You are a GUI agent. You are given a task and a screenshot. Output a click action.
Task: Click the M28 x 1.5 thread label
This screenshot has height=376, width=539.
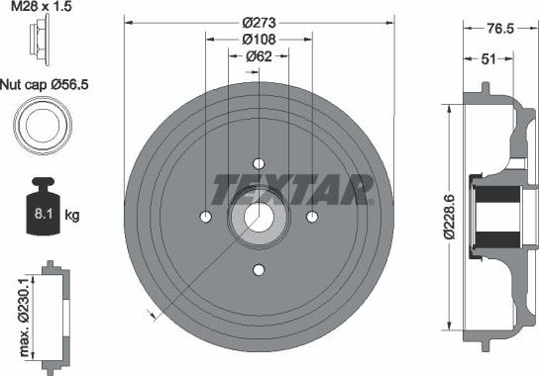41,8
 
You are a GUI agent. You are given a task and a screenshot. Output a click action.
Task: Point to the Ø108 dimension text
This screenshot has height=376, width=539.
259,41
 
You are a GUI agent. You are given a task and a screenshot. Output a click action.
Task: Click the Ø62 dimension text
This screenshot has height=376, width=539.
259,56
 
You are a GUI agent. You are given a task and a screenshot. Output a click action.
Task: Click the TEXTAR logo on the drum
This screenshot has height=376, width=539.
293,187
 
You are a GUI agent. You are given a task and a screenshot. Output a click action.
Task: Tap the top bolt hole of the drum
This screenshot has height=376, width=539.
259,163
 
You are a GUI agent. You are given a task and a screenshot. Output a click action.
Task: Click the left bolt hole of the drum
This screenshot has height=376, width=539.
206,217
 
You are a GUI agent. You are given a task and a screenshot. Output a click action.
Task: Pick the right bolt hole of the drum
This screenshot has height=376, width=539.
312,217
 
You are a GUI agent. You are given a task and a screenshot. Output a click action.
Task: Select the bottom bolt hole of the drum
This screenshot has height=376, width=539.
259,270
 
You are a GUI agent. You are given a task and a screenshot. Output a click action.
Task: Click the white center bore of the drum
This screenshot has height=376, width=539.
259,217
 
